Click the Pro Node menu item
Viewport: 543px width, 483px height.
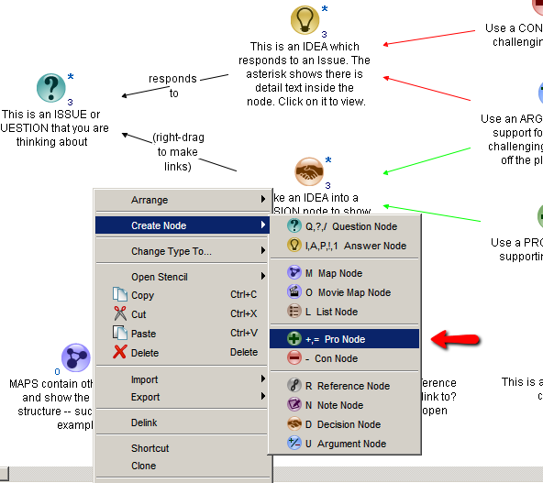[x=343, y=339]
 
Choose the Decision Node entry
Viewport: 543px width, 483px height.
[x=342, y=424]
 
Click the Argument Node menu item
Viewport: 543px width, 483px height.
[x=345, y=444]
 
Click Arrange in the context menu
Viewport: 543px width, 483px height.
[x=150, y=200]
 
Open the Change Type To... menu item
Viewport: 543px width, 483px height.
[x=172, y=251]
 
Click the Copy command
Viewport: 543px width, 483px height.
[x=142, y=295]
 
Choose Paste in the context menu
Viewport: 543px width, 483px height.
[x=143, y=334]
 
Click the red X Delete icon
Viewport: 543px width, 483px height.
[x=119, y=353]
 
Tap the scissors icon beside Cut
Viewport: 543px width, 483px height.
[x=119, y=314]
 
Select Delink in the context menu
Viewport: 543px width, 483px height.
[x=144, y=423]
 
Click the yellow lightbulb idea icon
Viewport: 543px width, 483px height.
[x=305, y=19]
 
